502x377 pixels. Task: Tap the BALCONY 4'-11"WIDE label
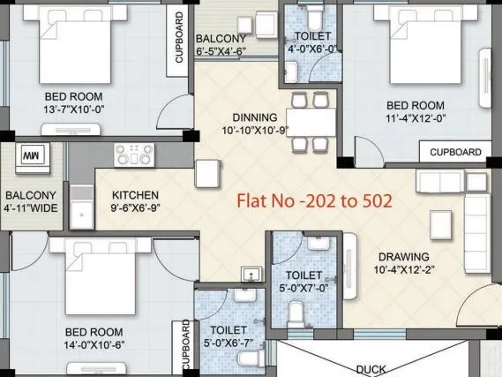coord(31,202)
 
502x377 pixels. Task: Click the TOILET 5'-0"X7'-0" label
coord(303,282)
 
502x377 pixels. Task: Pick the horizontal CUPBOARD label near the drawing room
coord(455,153)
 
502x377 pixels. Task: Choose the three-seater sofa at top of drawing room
coord(446,182)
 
